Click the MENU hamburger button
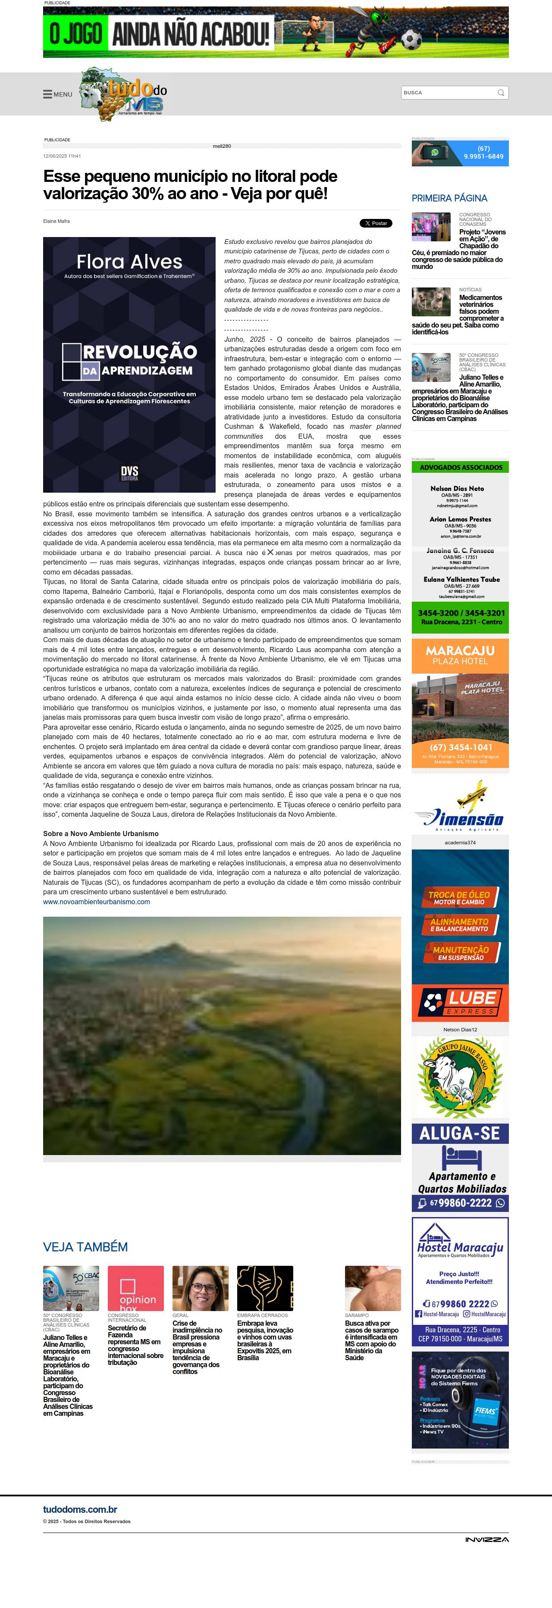(57, 94)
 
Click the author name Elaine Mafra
(56, 221)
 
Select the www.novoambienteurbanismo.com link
(96, 901)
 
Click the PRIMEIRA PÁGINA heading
(449, 198)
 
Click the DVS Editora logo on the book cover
(129, 472)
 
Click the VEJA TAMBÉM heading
(85, 1246)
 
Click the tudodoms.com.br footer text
(80, 1509)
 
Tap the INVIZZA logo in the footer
(486, 1539)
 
